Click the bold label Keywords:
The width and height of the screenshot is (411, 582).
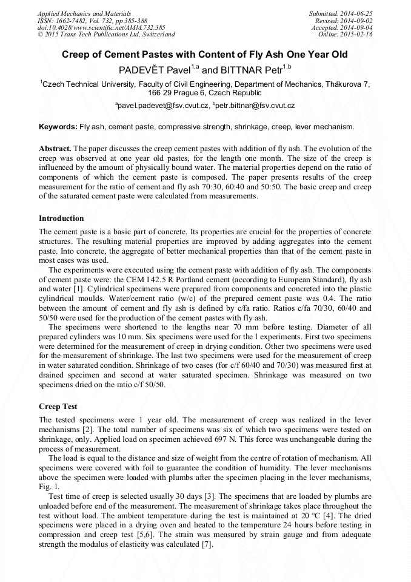click(58, 127)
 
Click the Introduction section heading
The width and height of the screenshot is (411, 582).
click(61, 218)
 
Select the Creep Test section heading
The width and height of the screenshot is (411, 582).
click(58, 405)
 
